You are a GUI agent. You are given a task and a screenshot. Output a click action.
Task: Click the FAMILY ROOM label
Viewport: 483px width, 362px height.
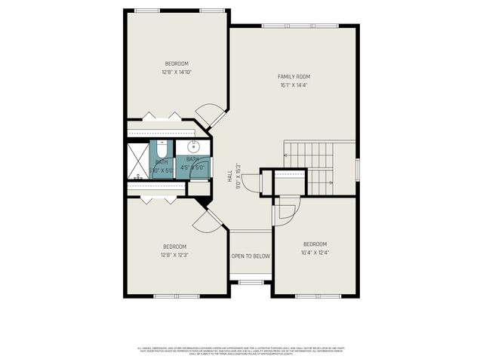click(x=294, y=76)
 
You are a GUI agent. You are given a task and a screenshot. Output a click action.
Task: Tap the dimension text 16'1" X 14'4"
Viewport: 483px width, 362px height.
click(x=294, y=85)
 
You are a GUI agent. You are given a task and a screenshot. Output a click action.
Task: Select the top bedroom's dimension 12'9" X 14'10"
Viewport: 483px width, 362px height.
click(x=176, y=72)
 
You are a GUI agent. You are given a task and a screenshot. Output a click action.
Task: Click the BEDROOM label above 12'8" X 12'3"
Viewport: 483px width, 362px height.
click(x=174, y=247)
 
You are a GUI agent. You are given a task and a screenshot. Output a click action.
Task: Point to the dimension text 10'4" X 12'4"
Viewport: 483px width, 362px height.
click(x=315, y=253)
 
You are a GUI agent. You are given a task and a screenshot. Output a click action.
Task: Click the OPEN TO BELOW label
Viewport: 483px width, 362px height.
click(x=251, y=256)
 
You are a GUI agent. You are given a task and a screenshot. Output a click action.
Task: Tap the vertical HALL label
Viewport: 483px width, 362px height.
click(x=229, y=176)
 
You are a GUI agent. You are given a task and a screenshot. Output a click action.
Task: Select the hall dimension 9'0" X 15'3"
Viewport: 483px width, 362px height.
click(x=238, y=176)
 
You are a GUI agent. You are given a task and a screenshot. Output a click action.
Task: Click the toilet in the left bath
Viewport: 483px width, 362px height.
click(x=162, y=147)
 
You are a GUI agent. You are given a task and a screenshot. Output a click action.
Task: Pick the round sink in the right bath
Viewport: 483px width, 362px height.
click(x=192, y=146)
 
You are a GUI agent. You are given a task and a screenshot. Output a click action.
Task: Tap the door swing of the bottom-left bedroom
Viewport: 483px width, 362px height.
click(x=204, y=220)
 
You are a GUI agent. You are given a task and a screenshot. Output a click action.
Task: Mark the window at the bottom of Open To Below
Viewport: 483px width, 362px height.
click(x=251, y=283)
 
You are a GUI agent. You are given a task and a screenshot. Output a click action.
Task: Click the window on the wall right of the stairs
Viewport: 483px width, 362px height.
click(x=357, y=170)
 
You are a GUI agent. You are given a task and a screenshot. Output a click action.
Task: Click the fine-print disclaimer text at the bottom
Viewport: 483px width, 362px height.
click(x=241, y=351)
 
